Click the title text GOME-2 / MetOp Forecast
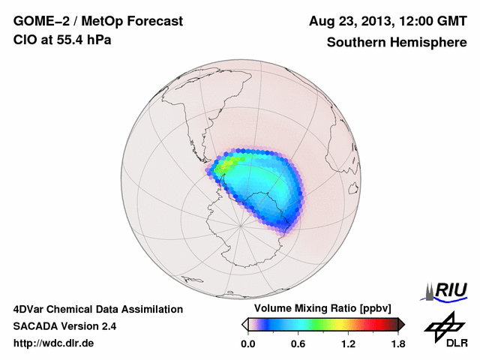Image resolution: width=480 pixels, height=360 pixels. [97, 21]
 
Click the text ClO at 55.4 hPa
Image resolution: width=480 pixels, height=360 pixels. [62, 40]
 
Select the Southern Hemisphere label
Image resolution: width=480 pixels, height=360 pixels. [397, 42]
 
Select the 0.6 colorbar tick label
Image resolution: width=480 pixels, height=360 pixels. [298, 344]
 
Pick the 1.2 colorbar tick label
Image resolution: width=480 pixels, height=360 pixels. [348, 344]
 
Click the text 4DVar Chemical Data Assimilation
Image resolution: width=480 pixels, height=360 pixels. [97, 309]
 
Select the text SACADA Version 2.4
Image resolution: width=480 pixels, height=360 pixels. [64, 326]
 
